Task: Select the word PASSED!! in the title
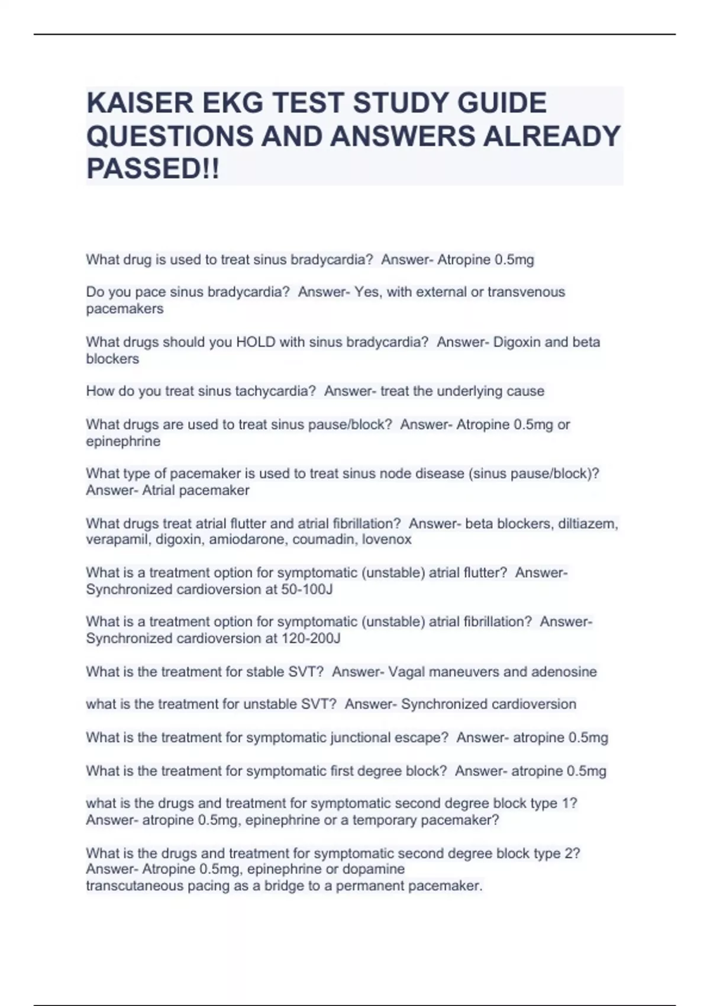pyautogui.click(x=153, y=169)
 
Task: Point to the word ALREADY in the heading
pyautogui.click(x=552, y=136)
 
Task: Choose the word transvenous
pyautogui.click(x=526, y=292)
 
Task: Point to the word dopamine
pyautogui.click(x=374, y=869)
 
